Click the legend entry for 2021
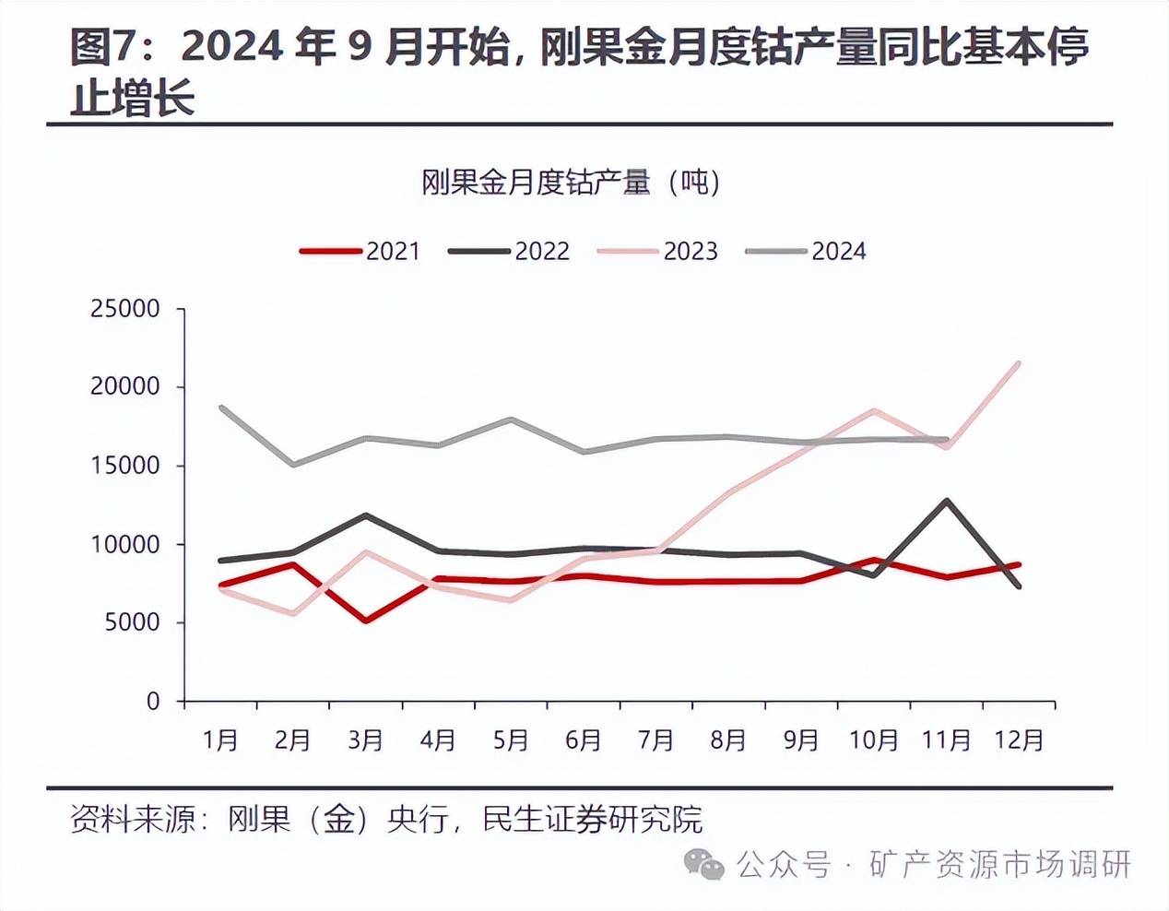click(x=360, y=251)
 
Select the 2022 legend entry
click(x=509, y=251)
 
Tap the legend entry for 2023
click(x=657, y=251)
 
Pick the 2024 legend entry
click(x=806, y=251)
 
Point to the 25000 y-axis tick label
click(x=125, y=309)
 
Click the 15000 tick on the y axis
click(x=125, y=466)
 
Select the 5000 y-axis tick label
click(x=133, y=622)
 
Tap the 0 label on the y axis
click(x=153, y=702)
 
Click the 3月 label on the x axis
click(x=365, y=739)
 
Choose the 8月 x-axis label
click(x=728, y=739)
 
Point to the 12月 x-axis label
click(x=1019, y=739)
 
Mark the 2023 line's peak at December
click(x=1018, y=363)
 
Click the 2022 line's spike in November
click(x=946, y=501)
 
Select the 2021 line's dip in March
click(x=366, y=620)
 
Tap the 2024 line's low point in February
click(x=293, y=464)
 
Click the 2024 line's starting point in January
click(x=221, y=407)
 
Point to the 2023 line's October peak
click(x=873, y=411)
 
